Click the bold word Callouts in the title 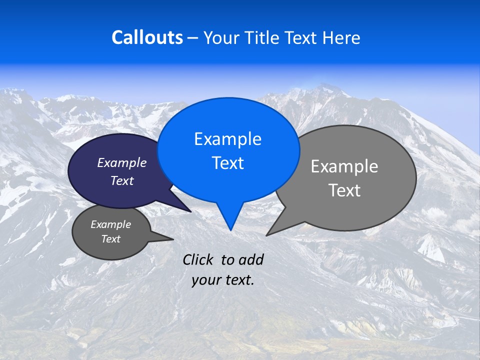pos(147,37)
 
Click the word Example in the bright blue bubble pos(227,139)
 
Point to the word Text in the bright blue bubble pos(227,163)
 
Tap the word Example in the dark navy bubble pos(122,162)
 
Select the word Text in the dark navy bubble pos(122,180)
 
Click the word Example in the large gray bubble pos(344,166)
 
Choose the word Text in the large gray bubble pos(344,190)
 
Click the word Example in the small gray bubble pos(110,224)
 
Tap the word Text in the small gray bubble pos(110,239)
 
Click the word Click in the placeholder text pos(198,259)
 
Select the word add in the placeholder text pos(251,259)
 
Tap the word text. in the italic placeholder pos(238,279)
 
